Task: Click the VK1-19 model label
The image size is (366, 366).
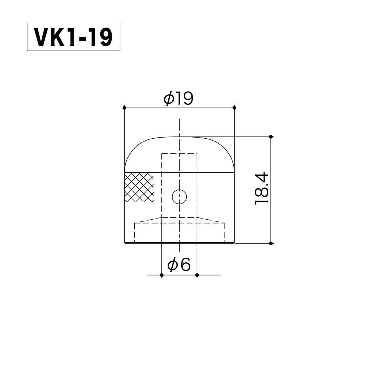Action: [x=74, y=37]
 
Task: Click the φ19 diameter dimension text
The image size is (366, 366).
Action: [x=179, y=99]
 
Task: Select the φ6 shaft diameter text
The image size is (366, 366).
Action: [x=179, y=265]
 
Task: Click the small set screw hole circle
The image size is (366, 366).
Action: [x=179, y=197]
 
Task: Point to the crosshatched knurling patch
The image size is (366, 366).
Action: [x=139, y=187]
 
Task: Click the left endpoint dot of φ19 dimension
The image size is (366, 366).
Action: [x=124, y=108]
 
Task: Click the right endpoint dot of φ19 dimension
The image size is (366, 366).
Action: [x=234, y=108]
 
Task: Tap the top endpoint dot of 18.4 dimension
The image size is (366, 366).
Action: [x=271, y=137]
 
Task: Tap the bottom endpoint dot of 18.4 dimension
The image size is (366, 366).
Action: [x=271, y=243]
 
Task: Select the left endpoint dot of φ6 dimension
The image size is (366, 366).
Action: [x=161, y=274]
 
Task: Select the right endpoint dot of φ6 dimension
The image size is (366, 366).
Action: [x=197, y=274]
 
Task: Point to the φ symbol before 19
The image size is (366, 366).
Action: [x=168, y=99]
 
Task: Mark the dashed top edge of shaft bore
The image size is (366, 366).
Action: [x=179, y=153]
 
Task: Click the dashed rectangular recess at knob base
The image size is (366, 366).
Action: [x=179, y=233]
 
